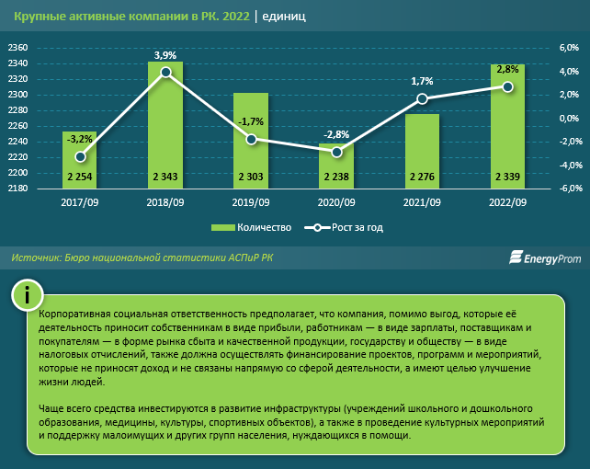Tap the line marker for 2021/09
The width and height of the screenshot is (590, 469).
click(x=422, y=98)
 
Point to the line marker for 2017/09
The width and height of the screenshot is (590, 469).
click(x=80, y=157)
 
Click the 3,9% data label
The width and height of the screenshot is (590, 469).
click(x=165, y=56)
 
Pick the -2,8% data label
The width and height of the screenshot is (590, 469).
click(x=336, y=135)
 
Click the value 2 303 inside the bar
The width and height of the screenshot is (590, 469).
click(x=251, y=177)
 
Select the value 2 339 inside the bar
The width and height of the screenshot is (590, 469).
click(x=508, y=177)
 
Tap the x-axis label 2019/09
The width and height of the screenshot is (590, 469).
click(x=251, y=202)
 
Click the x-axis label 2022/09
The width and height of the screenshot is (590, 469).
click(x=508, y=202)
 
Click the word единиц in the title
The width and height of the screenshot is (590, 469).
click(x=284, y=17)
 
